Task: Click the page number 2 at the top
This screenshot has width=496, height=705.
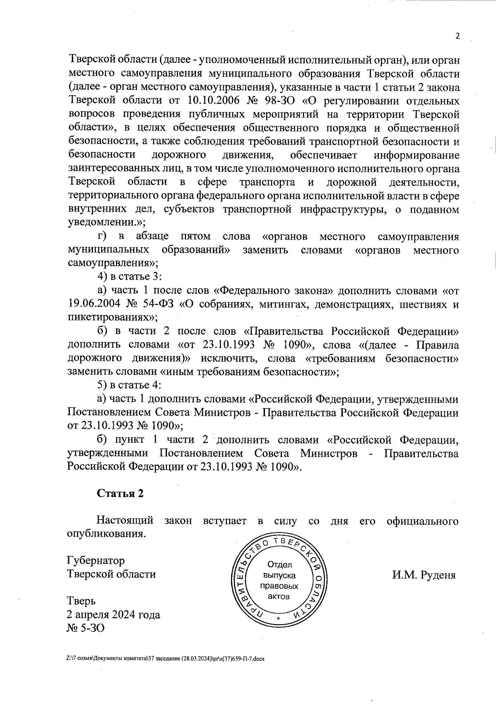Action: pyautogui.click(x=457, y=36)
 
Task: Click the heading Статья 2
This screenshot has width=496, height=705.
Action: pyautogui.click(x=120, y=493)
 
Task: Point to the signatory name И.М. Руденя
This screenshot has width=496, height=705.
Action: pyautogui.click(x=424, y=575)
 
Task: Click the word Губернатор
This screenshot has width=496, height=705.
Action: pyautogui.click(x=95, y=561)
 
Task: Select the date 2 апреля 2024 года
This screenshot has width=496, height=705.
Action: pyautogui.click(x=113, y=614)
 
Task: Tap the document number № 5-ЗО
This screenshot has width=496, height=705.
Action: pyautogui.click(x=86, y=628)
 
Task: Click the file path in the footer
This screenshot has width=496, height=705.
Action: pyautogui.click(x=165, y=658)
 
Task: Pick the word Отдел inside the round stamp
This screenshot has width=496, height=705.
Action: pyautogui.click(x=279, y=565)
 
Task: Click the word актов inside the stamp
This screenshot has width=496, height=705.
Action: pyautogui.click(x=279, y=596)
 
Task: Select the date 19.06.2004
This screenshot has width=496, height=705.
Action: pyautogui.click(x=94, y=304)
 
